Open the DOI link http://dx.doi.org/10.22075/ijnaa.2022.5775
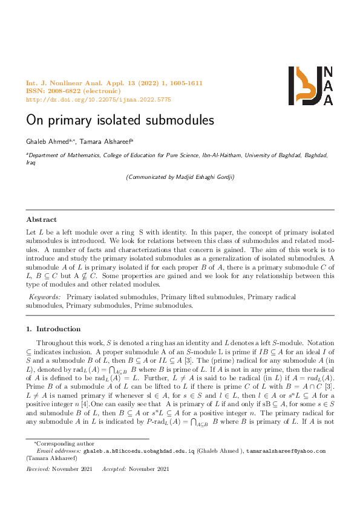[x=99, y=99]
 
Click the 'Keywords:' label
[x=45, y=297]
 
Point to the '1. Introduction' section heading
[x=53, y=329]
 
